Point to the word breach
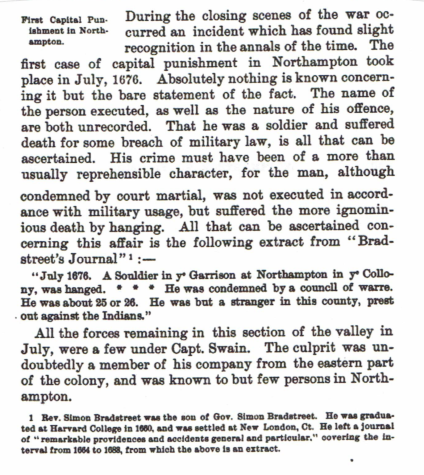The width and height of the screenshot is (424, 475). [142, 142]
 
